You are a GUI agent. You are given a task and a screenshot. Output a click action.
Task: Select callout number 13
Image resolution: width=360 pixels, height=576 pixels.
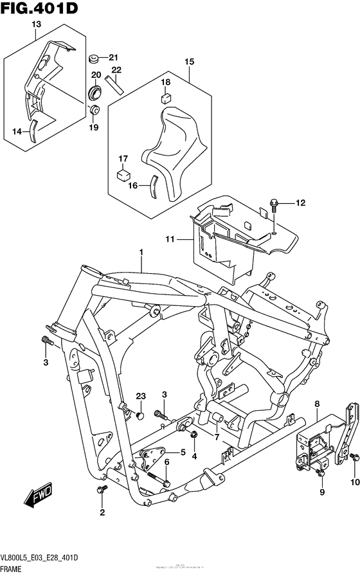[x=36, y=24]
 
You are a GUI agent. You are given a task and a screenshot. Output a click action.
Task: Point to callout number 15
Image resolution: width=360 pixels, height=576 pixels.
[x=189, y=62]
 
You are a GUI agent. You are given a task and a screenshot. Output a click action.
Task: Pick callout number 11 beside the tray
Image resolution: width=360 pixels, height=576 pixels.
[x=170, y=239]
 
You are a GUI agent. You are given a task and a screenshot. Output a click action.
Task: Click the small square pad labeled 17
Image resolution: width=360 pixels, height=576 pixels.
[x=122, y=173]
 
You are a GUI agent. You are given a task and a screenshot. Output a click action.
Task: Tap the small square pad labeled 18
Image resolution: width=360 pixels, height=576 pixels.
[x=165, y=98]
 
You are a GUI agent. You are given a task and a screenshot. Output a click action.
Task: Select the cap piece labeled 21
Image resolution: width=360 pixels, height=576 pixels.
[x=94, y=59]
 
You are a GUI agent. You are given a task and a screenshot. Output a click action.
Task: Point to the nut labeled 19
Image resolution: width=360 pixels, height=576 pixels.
[x=94, y=111]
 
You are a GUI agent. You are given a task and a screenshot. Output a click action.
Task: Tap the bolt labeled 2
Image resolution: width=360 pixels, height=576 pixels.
[x=99, y=491]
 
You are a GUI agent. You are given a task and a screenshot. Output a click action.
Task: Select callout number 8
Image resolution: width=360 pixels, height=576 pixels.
[x=316, y=403]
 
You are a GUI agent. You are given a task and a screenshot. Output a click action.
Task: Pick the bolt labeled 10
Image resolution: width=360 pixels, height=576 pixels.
[x=355, y=458]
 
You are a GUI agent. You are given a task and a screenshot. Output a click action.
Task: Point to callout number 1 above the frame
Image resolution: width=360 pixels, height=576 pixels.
[x=141, y=252]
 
